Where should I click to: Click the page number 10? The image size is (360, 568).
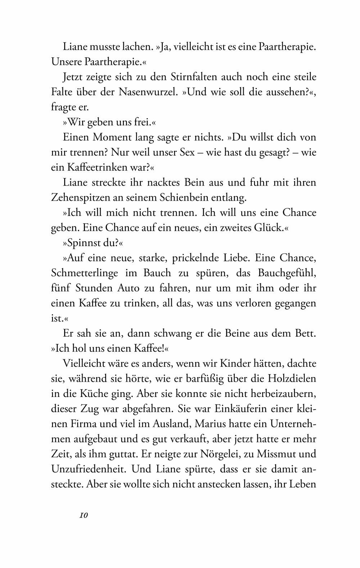[x=84, y=515]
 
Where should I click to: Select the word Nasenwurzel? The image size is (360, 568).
[x=147, y=92]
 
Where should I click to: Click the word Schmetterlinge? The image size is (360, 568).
[x=94, y=273]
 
